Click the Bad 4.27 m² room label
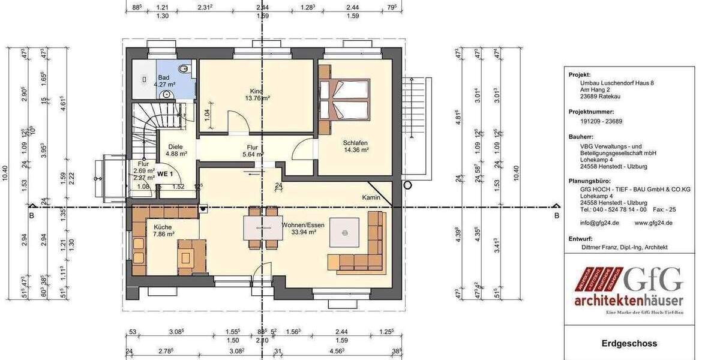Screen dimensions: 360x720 (163, 82)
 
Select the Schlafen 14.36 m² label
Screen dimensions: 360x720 (355, 146)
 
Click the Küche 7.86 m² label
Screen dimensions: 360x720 (163, 230)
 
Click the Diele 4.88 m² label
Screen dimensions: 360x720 (175, 149)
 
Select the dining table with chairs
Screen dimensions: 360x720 (262, 229)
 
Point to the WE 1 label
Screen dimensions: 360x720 (165, 174)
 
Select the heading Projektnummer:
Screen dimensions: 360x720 (591, 112)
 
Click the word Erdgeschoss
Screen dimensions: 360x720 (629, 344)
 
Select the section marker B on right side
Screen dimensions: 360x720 (556, 215)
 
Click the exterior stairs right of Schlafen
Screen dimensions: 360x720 (414, 126)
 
